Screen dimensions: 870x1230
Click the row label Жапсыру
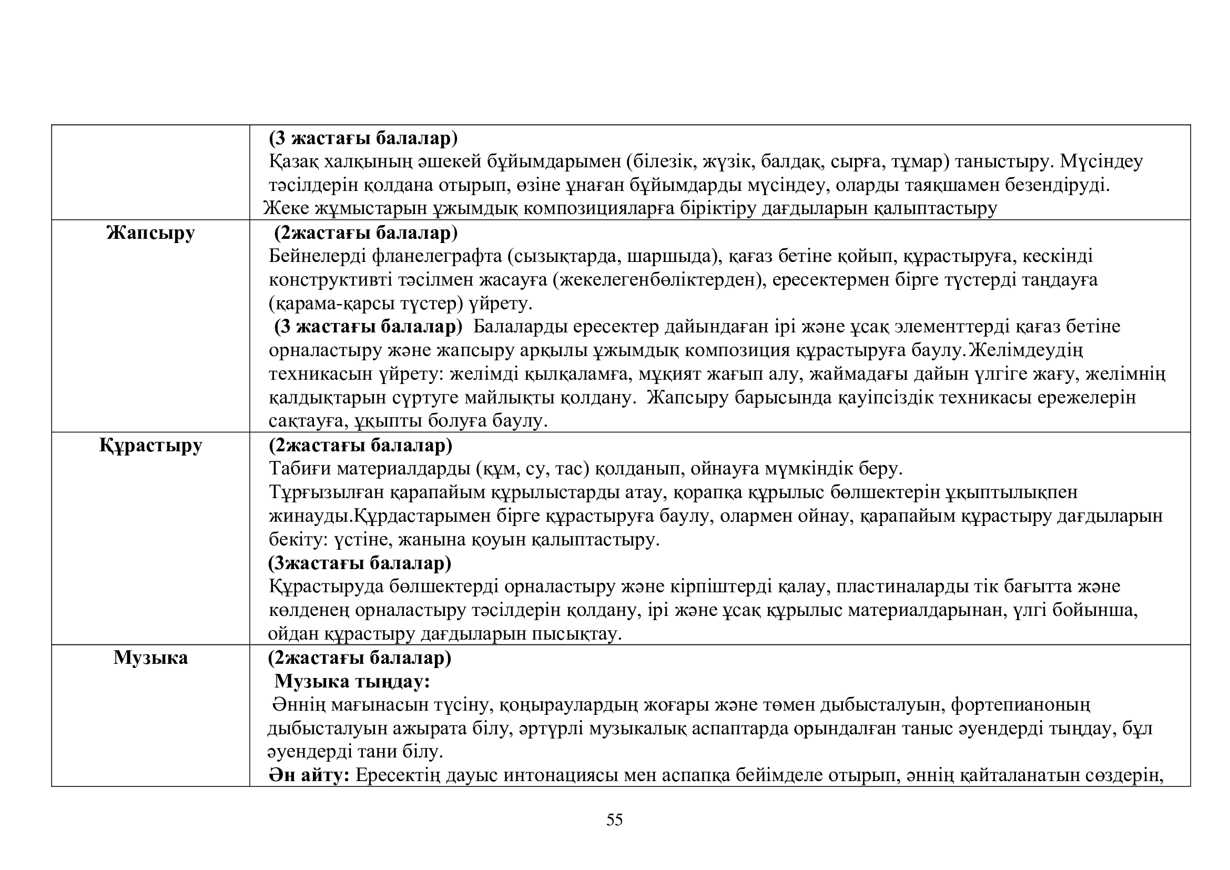click(150, 233)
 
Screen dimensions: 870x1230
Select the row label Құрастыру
click(150, 445)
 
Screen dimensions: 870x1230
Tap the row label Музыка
click(150, 658)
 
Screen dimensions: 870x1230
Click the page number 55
click(614, 820)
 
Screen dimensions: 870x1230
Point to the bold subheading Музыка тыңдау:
click(352, 681)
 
